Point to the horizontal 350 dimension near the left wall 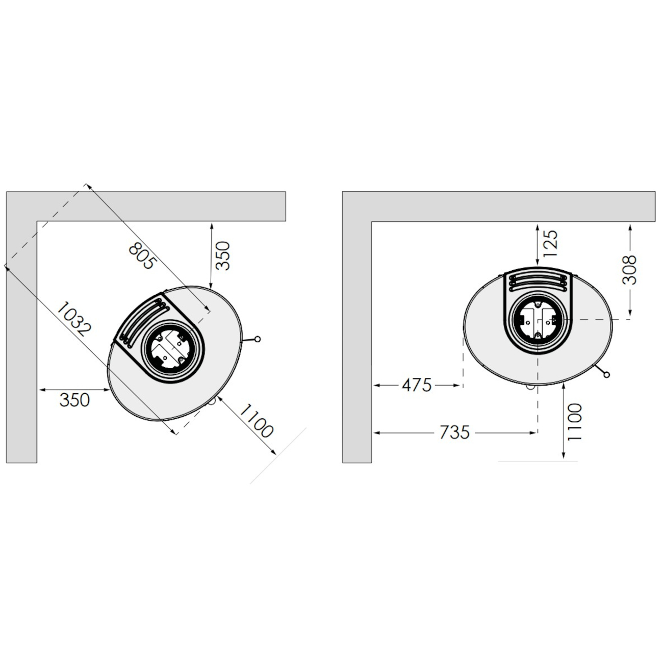click(74, 400)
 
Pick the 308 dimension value click(630, 270)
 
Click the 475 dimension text click(417, 385)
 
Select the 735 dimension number click(454, 432)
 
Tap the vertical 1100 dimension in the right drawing click(575, 422)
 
